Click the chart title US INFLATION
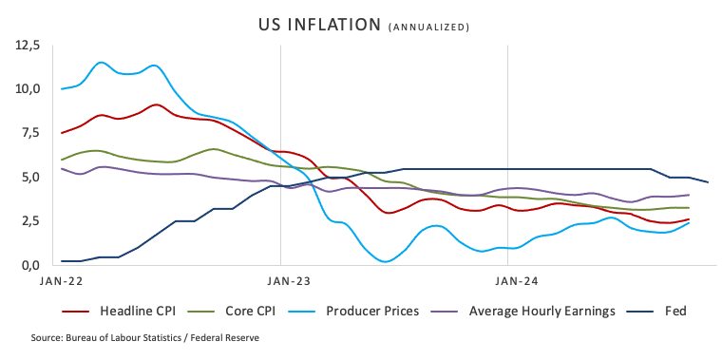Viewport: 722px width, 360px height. click(319, 25)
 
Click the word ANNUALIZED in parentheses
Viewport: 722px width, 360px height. click(429, 28)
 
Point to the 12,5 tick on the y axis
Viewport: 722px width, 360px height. click(28, 46)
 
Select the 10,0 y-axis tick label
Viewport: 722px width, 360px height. click(28, 88)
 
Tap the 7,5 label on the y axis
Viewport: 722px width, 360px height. click(30, 133)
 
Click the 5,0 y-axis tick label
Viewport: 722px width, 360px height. click(30, 178)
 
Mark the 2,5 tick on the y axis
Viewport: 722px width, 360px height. click(30, 221)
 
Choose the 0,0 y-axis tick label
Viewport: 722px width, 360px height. click(30, 266)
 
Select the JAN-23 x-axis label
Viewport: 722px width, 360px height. click(288, 281)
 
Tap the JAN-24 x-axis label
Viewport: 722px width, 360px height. click(516, 281)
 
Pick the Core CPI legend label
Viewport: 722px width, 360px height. click(251, 312)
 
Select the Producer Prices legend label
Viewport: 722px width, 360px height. click(372, 312)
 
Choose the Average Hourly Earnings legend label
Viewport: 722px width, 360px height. click(541, 312)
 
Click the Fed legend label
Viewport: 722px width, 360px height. click(675, 312)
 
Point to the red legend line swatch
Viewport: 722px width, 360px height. click(75, 312)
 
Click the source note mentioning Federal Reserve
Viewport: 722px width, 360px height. click(145, 338)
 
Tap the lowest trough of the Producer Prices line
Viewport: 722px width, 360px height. click(386, 261)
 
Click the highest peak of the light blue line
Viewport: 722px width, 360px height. click(102, 62)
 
